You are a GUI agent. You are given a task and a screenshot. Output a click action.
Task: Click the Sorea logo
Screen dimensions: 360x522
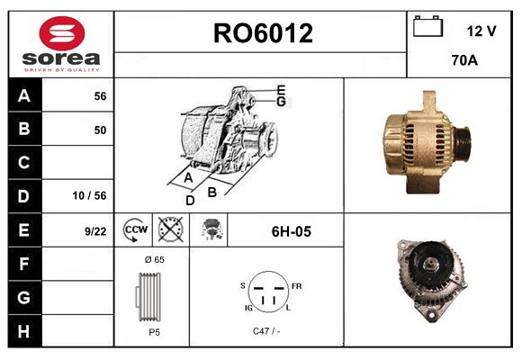click(x=61, y=44)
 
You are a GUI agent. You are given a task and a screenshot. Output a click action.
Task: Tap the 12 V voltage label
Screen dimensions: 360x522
click(x=481, y=31)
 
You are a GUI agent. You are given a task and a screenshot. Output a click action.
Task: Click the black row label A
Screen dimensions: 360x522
click(x=24, y=95)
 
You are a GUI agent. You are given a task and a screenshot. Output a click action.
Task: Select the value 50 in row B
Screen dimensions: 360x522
click(x=100, y=130)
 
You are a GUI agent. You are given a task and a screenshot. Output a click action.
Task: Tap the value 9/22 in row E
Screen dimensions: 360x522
click(x=95, y=231)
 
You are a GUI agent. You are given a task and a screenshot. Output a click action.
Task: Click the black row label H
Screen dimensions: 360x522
click(x=24, y=331)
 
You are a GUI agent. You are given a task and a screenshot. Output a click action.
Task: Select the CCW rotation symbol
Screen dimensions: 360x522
click(x=135, y=230)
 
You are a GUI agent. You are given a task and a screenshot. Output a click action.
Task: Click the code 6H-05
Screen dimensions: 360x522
click(x=291, y=231)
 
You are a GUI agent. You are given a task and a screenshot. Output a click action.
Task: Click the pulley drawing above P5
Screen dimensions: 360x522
click(x=152, y=296)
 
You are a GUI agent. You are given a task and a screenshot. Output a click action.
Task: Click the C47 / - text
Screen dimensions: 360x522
click(x=265, y=331)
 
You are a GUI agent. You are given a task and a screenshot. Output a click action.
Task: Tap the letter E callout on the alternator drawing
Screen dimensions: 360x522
click(x=281, y=89)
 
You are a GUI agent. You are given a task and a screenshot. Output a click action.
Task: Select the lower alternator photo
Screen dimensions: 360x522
click(x=432, y=278)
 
